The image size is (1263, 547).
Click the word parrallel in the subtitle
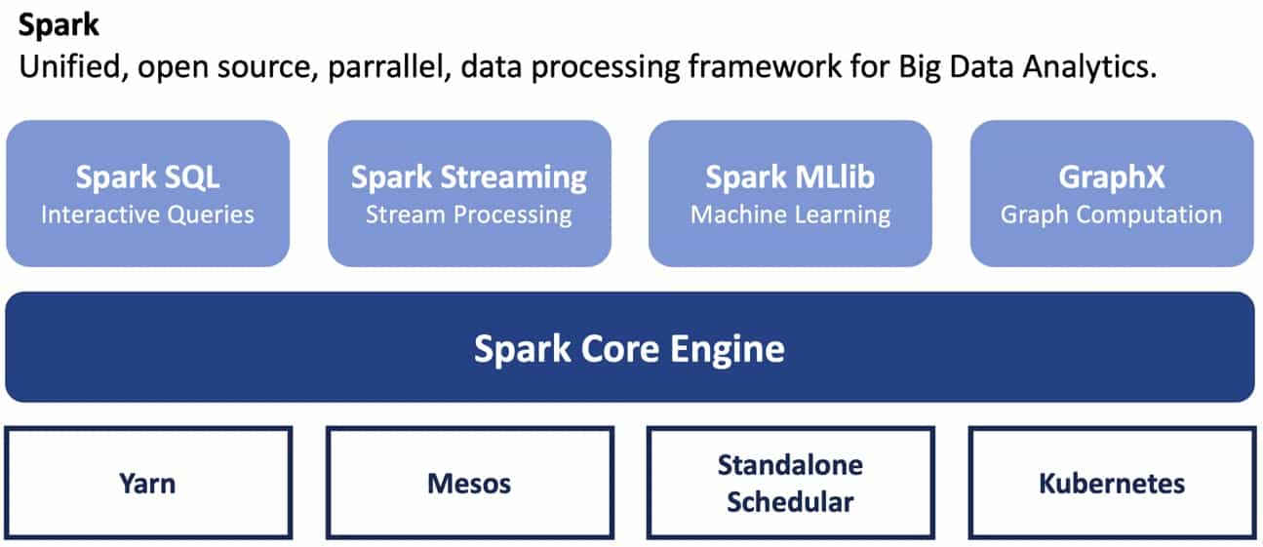pyautogui.click(x=389, y=66)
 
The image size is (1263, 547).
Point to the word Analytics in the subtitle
pyautogui.click(x=1089, y=67)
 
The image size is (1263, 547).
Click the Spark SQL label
pyautogui.click(x=147, y=177)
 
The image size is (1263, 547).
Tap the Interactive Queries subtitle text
pyautogui.click(x=147, y=215)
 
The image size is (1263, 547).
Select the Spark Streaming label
pyautogui.click(x=469, y=178)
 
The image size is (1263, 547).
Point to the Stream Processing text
pyautogui.click(x=469, y=215)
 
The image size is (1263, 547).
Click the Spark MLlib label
pyautogui.click(x=790, y=177)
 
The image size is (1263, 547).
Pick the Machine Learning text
pyautogui.click(x=791, y=215)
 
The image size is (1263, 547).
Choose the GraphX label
pyautogui.click(x=1111, y=177)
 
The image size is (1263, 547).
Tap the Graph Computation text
pyautogui.click(x=1111, y=215)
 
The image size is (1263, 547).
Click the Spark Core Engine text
pyautogui.click(x=629, y=349)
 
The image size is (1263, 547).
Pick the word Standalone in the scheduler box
pyautogui.click(x=790, y=465)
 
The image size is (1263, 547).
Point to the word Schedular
pyautogui.click(x=790, y=502)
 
